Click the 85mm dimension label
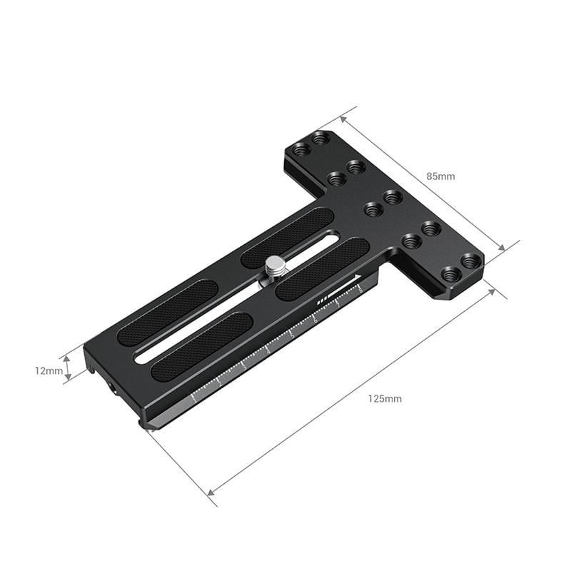click(440, 176)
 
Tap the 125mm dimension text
click(385, 398)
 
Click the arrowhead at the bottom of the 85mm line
click(500, 248)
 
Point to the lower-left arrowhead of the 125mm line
click(211, 492)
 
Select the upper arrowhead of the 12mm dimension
click(68, 359)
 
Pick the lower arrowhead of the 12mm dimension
click(68, 377)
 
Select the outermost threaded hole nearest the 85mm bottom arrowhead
click(469, 261)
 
